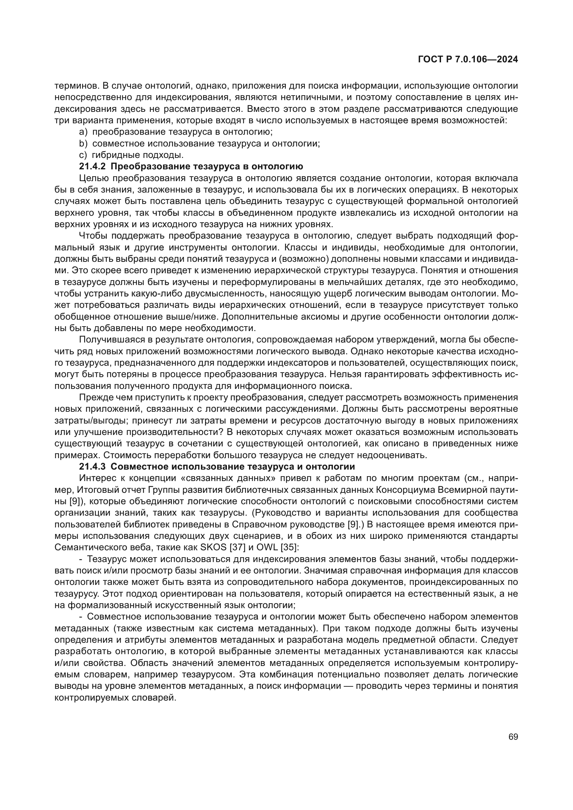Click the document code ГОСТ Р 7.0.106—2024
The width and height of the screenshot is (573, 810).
pyautogui.click(x=468, y=60)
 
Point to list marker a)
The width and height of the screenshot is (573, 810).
pyautogui.click(x=83, y=132)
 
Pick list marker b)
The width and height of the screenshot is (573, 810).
pyautogui.click(x=83, y=144)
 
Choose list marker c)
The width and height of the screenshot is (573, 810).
pyautogui.click(x=83, y=155)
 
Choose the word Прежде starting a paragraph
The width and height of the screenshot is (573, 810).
pyautogui.click(x=94, y=397)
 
